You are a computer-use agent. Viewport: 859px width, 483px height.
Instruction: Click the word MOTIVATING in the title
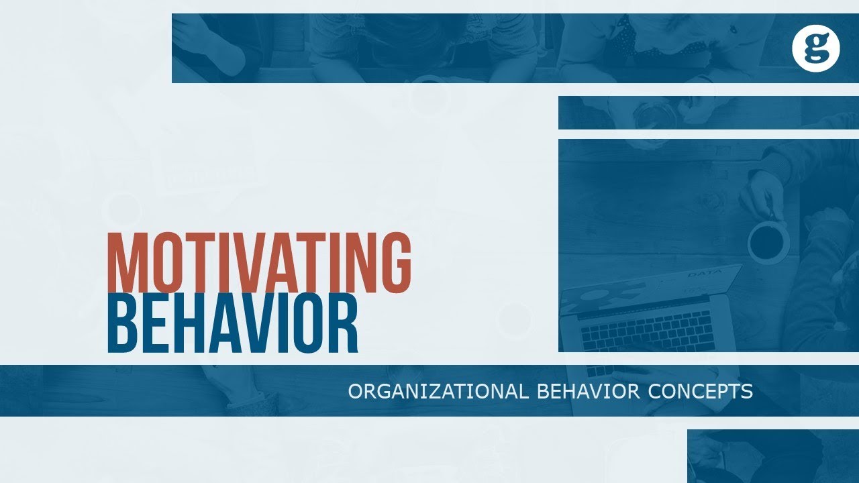(x=259, y=262)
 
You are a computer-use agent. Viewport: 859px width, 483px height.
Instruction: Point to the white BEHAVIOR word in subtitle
(x=589, y=392)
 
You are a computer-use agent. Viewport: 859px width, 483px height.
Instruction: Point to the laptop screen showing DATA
(x=644, y=288)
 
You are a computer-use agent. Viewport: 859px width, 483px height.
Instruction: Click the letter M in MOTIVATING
(x=125, y=262)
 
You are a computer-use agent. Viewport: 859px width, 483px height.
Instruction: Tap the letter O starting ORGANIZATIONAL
(x=355, y=392)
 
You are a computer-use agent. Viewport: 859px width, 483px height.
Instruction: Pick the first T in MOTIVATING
(x=199, y=262)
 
